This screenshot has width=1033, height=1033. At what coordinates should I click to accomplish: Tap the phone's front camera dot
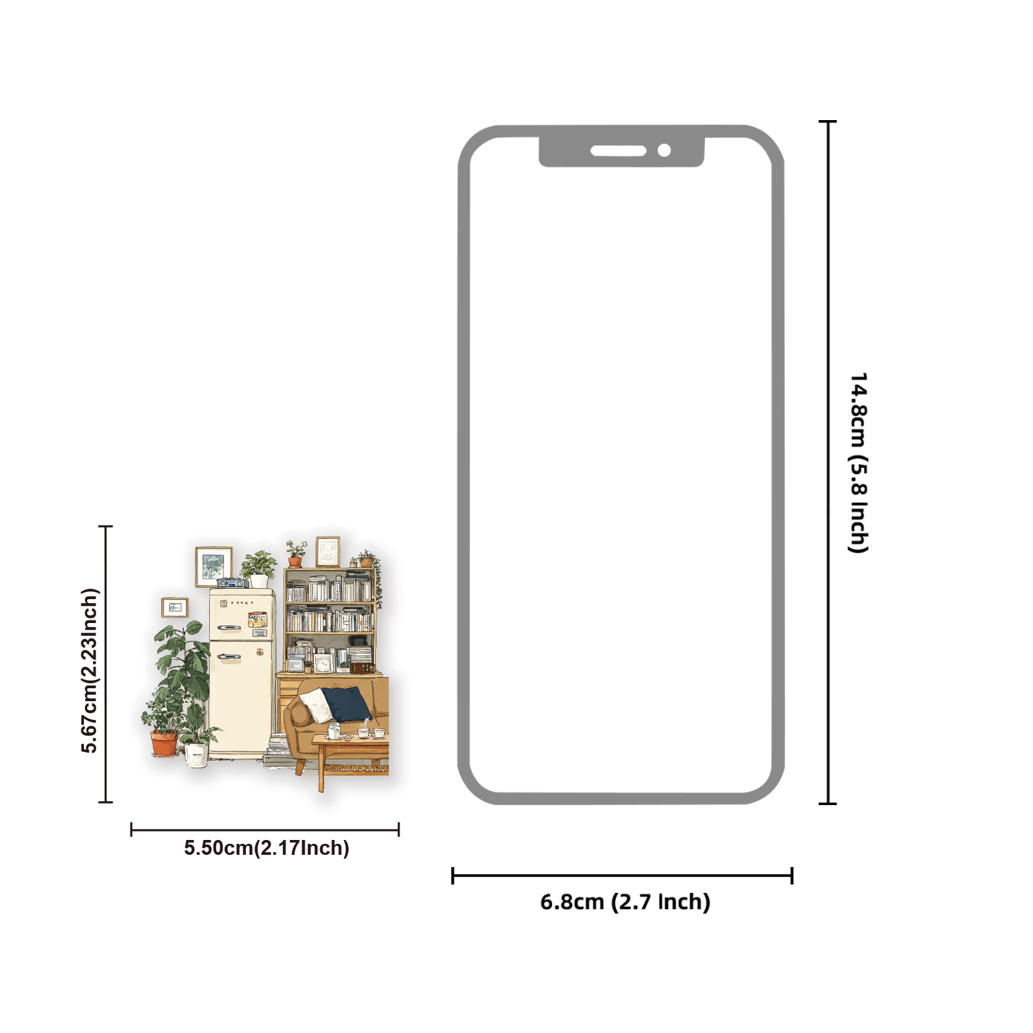[664, 150]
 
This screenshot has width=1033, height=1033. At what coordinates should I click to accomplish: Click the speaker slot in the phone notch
[618, 151]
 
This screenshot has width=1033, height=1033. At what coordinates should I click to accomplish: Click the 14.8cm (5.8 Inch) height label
[858, 462]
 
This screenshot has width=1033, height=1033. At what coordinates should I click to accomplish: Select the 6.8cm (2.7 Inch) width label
[625, 901]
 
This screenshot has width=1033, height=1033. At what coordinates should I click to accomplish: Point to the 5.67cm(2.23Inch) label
[90, 670]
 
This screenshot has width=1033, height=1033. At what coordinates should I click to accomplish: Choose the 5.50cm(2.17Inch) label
[266, 848]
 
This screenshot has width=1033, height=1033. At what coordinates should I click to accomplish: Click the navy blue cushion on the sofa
[347, 703]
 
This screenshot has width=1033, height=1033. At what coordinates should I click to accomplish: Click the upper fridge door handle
[229, 627]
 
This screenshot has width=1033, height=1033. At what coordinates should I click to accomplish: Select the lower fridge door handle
[229, 657]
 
